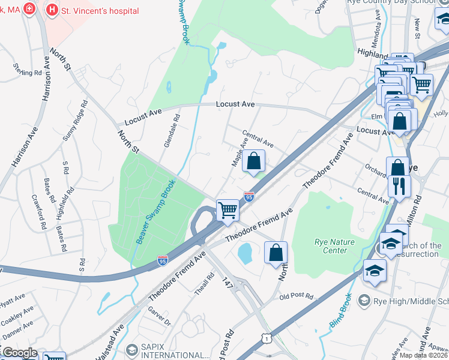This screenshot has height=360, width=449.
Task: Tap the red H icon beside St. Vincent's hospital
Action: pyautogui.click(x=53, y=10)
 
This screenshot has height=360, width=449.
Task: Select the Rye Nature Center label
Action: pyautogui.click(x=334, y=246)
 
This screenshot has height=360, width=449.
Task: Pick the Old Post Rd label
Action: pyautogui.click(x=297, y=296)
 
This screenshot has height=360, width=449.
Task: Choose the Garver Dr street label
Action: pyautogui.click(x=159, y=316)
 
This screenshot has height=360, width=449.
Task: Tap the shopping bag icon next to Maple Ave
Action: pyautogui.click(x=254, y=161)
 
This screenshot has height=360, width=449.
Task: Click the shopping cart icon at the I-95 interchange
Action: pyautogui.click(x=228, y=211)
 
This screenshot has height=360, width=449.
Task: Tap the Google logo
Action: pyautogui.click(x=19, y=353)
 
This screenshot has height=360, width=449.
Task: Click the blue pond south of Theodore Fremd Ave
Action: pyautogui.click(x=245, y=254)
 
